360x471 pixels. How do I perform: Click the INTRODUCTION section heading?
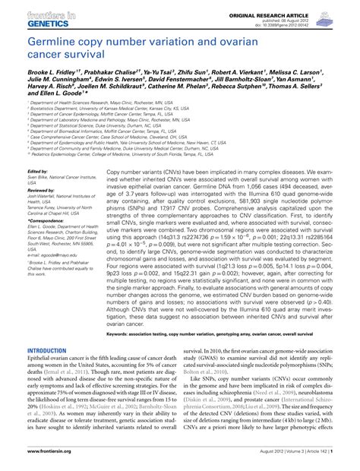click(47, 351)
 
